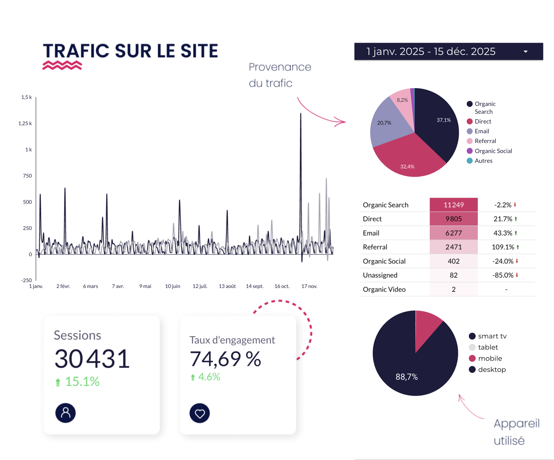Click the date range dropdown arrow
coord(526,52)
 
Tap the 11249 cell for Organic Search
coord(454,205)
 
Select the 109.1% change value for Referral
coord(503,247)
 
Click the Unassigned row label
coord(380,275)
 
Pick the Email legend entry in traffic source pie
coord(481,131)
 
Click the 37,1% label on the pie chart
coord(444,120)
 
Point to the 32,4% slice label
coord(407,167)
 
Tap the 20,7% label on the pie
coord(384,123)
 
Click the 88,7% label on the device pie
coord(406,377)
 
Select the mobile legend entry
coord(490,358)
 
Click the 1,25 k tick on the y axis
coord(25,123)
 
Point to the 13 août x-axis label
coord(227,286)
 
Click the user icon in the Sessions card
coord(66,413)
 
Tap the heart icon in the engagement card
coord(200,413)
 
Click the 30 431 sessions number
coord(92,359)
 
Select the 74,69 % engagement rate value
coord(225,359)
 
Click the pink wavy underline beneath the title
coord(62,65)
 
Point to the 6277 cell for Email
coord(454,233)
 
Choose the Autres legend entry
coord(483,161)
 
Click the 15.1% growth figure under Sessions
coord(82,382)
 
